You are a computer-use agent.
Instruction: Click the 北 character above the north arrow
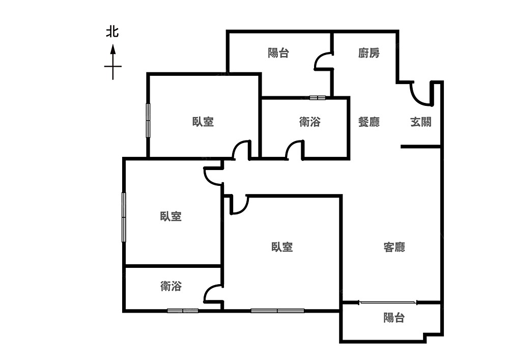[112, 32]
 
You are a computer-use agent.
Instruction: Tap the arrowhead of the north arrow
[112, 49]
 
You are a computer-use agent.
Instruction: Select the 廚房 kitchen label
[369, 53]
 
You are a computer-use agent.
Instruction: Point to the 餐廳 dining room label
[369, 122]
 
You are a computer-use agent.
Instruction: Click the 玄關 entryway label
[421, 122]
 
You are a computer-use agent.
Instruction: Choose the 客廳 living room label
[394, 247]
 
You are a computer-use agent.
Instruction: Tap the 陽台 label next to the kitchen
[278, 53]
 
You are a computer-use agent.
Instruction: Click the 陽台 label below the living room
[394, 318]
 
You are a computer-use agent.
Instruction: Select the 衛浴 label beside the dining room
[309, 122]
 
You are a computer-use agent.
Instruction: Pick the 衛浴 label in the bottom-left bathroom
[171, 287]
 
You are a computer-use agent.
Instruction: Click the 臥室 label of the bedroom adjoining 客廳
[281, 247]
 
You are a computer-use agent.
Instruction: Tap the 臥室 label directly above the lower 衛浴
[171, 216]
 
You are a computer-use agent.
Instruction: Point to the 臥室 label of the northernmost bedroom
[203, 122]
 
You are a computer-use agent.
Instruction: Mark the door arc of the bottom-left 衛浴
[212, 294]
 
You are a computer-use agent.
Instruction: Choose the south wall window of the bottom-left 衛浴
[183, 311]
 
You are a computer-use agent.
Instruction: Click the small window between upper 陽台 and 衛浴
[317, 97]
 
